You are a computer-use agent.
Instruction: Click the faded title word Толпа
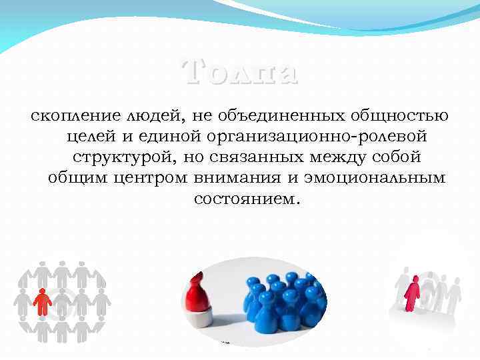click(239, 72)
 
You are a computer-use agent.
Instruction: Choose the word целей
click(93, 137)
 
